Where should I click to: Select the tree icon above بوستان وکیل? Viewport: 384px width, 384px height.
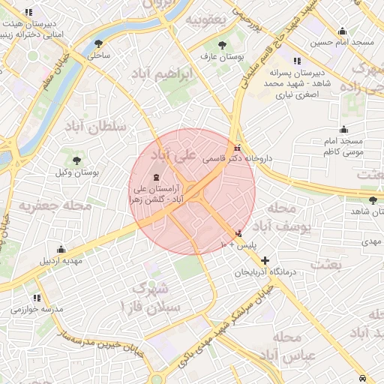77,160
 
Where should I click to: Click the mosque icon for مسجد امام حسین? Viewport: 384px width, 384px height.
343,31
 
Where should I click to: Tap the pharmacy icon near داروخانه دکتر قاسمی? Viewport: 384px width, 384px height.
238,147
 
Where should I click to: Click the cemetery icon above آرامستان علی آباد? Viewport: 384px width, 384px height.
155,178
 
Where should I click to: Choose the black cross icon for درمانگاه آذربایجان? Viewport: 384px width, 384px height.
265,260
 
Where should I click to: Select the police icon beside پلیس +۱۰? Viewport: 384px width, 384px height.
239,233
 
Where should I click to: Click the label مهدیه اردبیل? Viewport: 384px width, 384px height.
61,261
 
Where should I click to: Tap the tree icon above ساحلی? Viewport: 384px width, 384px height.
99,44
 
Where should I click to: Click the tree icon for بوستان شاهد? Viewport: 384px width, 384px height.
373,200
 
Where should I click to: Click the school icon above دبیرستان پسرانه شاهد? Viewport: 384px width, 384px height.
298,61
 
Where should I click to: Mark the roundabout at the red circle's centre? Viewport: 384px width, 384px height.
192,191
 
